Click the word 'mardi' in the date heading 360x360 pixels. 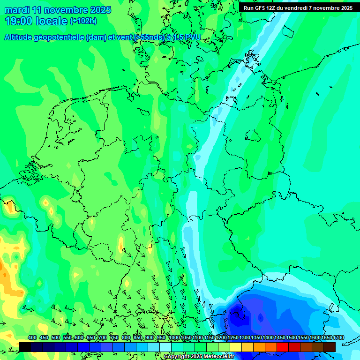(17, 10)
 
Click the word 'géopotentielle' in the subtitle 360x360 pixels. (59, 37)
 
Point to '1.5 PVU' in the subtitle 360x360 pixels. (187, 37)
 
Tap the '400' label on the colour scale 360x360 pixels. (32, 337)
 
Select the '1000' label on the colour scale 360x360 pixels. (174, 337)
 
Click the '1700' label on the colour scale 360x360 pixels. (338, 337)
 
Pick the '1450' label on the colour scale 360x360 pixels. (280, 337)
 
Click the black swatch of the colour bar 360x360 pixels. (25, 347)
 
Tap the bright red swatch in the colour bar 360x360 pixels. (283, 347)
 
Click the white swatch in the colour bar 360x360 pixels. (165, 347)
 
